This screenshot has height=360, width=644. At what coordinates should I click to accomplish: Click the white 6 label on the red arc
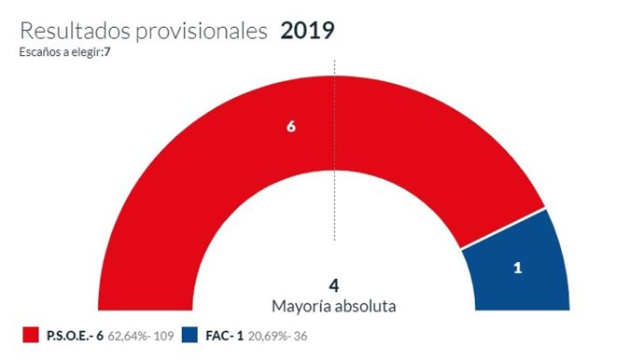(x=291, y=127)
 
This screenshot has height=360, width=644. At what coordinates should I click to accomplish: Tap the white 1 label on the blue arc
(x=517, y=268)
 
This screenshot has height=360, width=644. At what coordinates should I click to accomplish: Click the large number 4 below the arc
(x=333, y=284)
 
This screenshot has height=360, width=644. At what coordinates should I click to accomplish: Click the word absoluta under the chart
(x=365, y=305)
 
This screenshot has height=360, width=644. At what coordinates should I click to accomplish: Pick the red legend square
(x=31, y=335)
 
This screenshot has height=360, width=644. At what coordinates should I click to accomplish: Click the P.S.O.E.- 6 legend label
(x=75, y=335)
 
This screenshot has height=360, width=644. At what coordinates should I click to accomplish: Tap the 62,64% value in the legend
(x=131, y=335)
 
